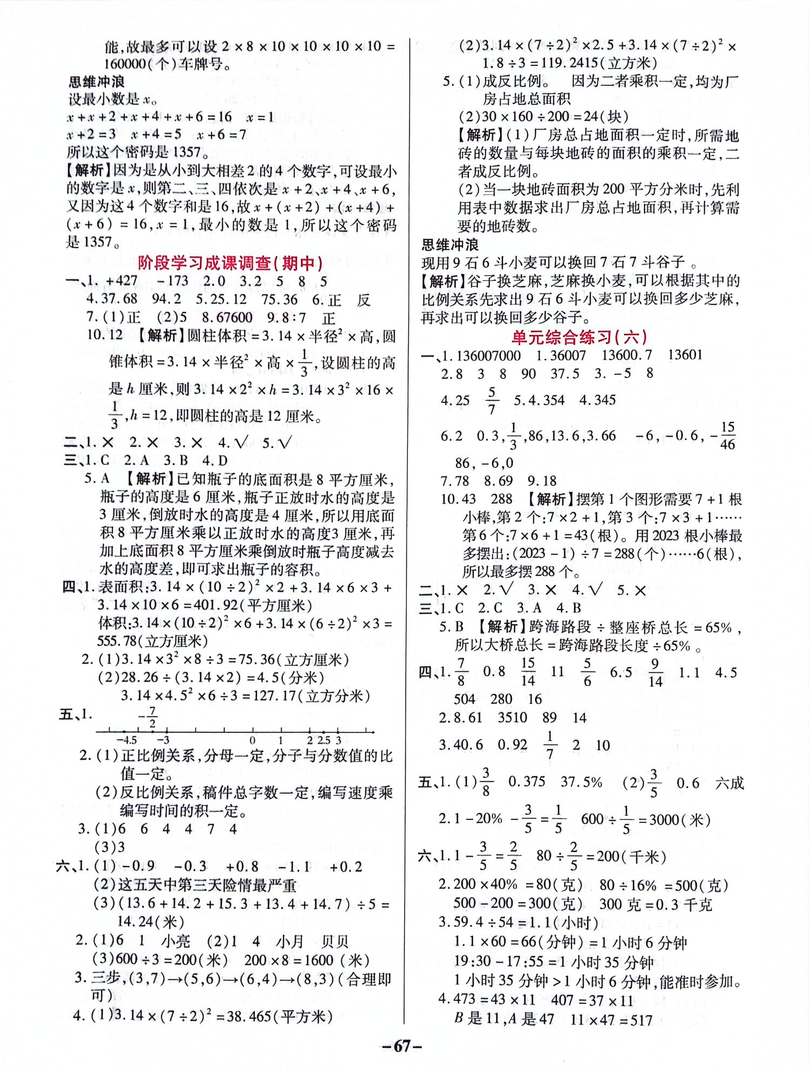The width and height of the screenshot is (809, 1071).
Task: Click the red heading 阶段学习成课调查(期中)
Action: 230,263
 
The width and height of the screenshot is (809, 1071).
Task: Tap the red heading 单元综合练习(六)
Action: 579,338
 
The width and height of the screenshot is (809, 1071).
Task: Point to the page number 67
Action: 401,1046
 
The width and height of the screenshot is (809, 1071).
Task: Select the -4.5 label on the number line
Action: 127,741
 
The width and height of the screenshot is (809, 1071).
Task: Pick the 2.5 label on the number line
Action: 323,741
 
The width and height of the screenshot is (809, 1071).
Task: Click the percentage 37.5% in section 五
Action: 581,782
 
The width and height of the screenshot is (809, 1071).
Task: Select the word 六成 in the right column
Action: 729,783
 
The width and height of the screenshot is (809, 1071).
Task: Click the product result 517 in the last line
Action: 641,1020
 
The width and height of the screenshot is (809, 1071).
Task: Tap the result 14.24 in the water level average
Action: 134,921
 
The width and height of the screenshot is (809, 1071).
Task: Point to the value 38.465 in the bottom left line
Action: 248,1016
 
